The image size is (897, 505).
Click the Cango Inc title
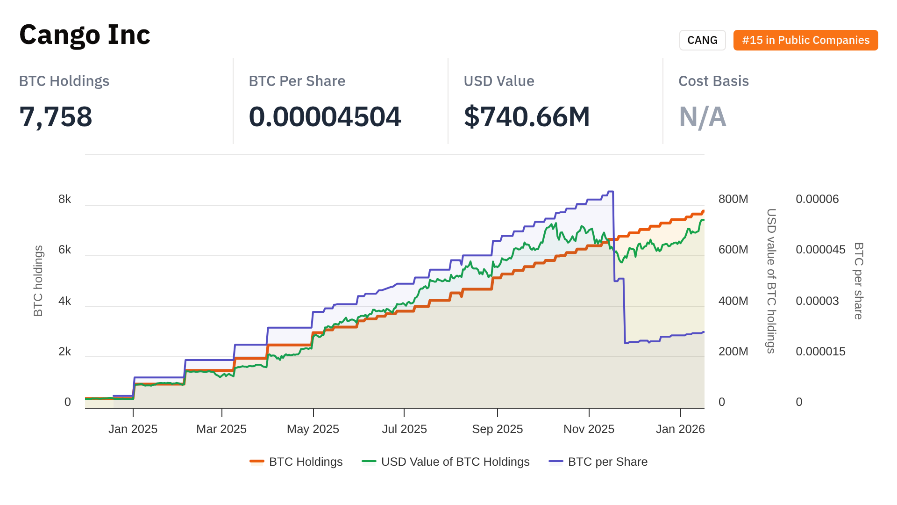click(85, 35)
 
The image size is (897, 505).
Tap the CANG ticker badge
click(702, 40)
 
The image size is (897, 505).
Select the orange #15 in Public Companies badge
click(805, 40)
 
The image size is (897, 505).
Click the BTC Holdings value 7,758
click(56, 117)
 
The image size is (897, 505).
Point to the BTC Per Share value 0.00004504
click(325, 117)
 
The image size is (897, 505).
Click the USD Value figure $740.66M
click(527, 117)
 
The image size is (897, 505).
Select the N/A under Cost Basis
click(702, 117)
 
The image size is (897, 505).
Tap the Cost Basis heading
click(713, 81)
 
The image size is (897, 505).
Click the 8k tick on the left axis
click(64, 199)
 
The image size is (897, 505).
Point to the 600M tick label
click(733, 250)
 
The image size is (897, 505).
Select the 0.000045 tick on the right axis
click(820, 250)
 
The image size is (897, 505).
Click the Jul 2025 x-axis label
click(404, 429)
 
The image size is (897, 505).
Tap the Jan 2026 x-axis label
click(680, 429)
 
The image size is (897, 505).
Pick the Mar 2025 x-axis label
click(221, 429)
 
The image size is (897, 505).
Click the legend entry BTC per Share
click(598, 462)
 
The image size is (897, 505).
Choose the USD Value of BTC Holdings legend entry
click(446, 462)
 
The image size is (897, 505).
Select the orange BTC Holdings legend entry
click(296, 462)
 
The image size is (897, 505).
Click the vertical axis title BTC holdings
click(38, 281)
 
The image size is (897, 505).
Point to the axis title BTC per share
click(859, 281)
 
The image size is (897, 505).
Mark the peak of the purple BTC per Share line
click(610, 191)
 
